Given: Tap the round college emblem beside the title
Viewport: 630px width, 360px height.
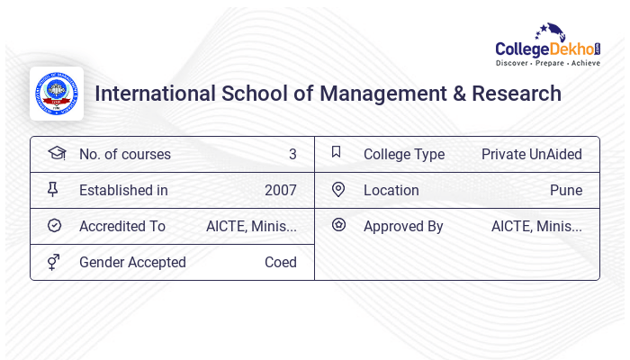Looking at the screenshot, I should [x=57, y=94].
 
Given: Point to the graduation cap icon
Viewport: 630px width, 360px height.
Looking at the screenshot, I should [x=56, y=153].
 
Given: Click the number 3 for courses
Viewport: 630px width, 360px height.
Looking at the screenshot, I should [x=292, y=154].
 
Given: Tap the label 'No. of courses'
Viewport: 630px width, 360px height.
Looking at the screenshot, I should [x=125, y=154].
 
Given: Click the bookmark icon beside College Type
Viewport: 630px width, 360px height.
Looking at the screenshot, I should [x=337, y=152].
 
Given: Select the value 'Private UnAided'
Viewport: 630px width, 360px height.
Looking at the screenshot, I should [x=532, y=154].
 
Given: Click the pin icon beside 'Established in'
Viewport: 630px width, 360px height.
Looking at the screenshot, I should [x=53, y=189].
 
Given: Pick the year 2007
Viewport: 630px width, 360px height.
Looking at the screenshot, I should [x=281, y=190].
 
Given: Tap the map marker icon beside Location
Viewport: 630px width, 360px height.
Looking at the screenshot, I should [x=337, y=189].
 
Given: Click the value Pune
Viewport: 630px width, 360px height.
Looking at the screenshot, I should [x=566, y=190].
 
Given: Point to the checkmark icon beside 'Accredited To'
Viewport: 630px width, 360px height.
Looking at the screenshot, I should [x=54, y=225].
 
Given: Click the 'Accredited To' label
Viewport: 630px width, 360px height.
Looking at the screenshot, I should [x=122, y=226].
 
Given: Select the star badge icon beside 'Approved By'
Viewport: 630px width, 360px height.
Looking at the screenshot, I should [x=338, y=225].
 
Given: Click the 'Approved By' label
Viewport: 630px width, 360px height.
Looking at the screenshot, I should [x=403, y=226].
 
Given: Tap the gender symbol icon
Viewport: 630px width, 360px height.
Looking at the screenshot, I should [x=53, y=262].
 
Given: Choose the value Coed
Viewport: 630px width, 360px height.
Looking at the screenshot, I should [x=281, y=262].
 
